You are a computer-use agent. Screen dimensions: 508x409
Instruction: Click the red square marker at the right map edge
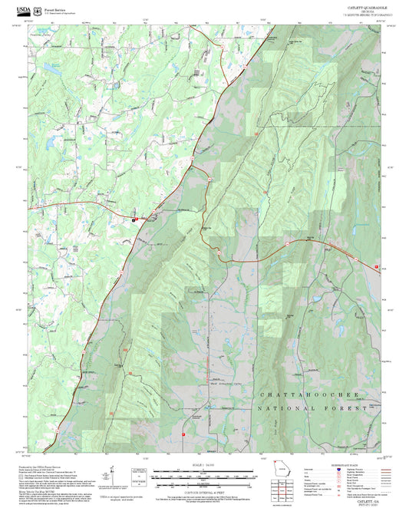pyautogui.click(x=377, y=266)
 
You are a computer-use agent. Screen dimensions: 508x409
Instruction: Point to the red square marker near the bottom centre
pyautogui.click(x=183, y=434)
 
